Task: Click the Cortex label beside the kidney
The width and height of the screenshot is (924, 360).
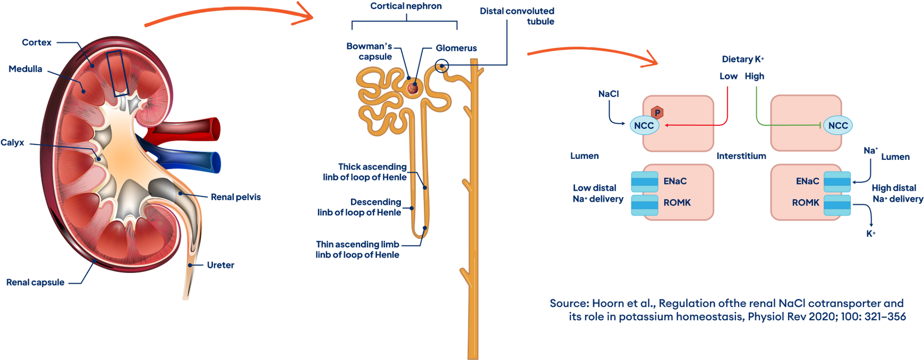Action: click(x=37, y=42)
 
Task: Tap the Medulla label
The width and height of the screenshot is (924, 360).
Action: click(x=25, y=69)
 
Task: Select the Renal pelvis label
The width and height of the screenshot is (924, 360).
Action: click(x=236, y=197)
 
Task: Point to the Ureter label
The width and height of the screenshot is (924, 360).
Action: click(x=220, y=264)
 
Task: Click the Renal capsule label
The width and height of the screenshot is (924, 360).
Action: click(x=35, y=282)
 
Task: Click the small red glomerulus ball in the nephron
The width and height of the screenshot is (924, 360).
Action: click(x=412, y=87)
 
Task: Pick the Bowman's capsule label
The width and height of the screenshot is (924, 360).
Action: click(x=370, y=52)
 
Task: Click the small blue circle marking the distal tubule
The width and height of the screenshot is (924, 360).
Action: click(x=442, y=66)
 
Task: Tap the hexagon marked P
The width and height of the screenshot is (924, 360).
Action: click(x=657, y=113)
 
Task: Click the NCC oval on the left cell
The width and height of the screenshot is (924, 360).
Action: click(x=644, y=126)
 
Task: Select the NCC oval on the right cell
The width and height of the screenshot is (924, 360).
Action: click(x=838, y=126)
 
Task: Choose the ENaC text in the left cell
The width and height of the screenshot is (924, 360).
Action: click(x=675, y=182)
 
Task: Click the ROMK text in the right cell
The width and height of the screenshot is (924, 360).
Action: click(x=806, y=203)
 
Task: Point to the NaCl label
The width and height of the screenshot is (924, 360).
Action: click(x=609, y=94)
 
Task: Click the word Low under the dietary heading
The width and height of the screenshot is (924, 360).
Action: click(x=729, y=76)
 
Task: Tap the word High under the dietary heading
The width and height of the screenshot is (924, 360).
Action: click(x=755, y=76)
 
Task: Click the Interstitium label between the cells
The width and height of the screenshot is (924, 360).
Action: click(x=741, y=156)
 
